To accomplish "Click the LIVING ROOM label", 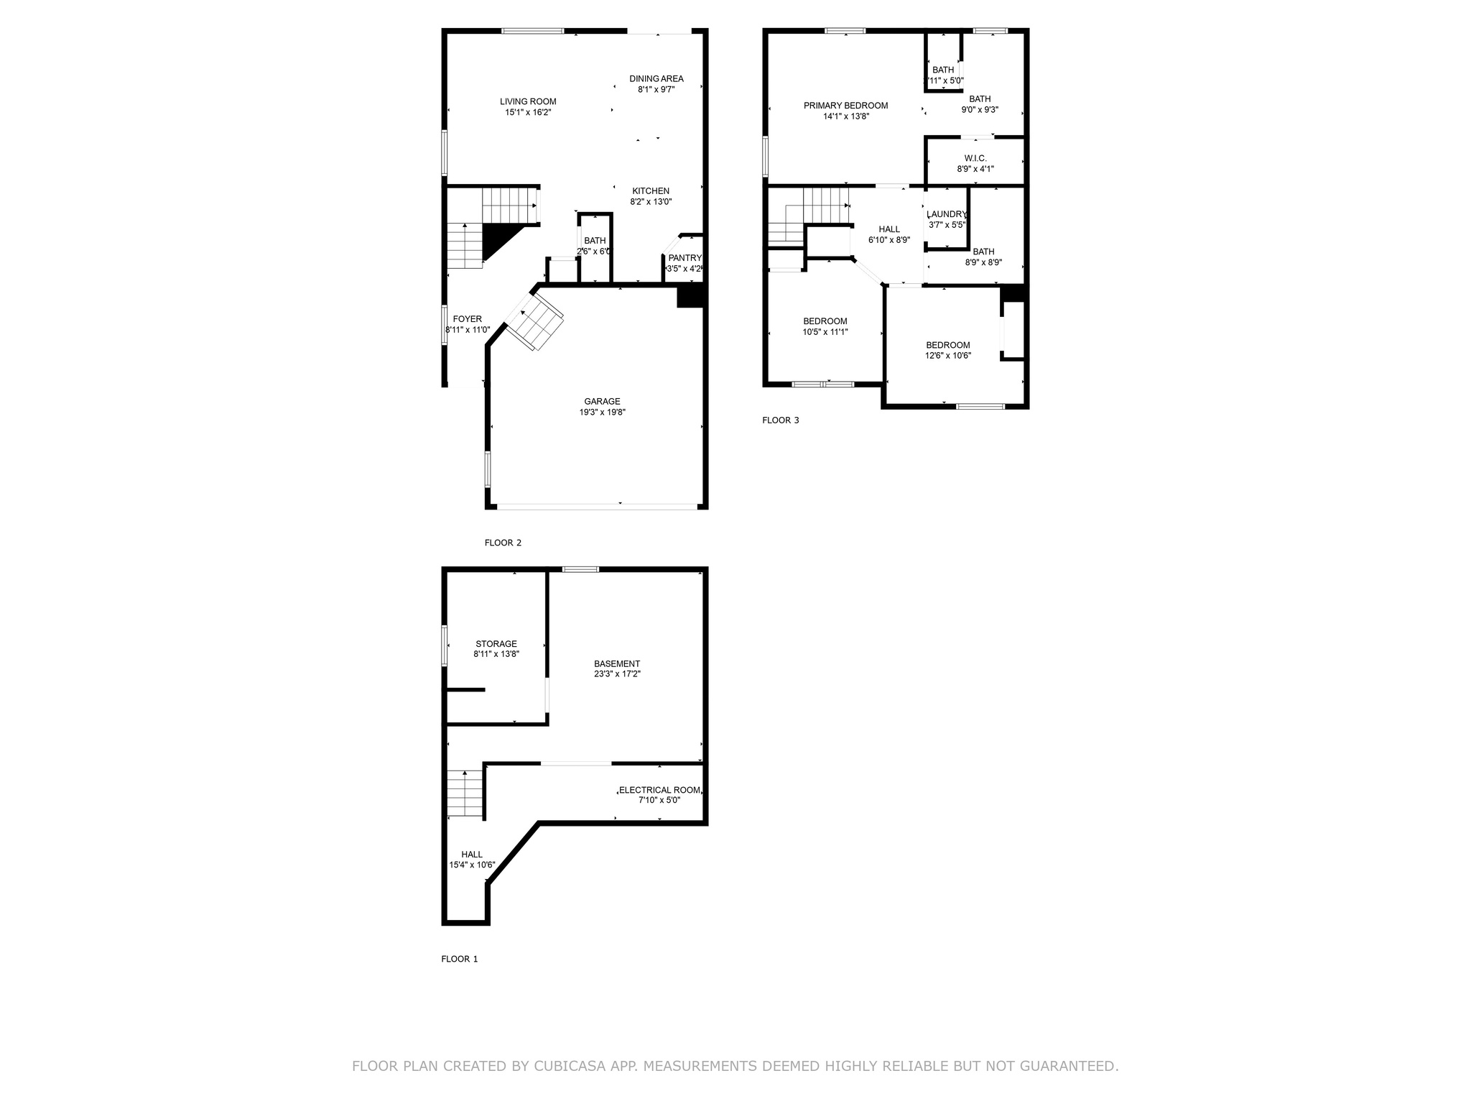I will click(528, 101).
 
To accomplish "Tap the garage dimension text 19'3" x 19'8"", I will click(602, 413).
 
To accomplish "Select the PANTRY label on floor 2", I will click(685, 258).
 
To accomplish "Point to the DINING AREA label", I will click(656, 79).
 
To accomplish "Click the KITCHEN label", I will click(651, 191).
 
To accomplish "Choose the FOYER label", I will click(467, 319).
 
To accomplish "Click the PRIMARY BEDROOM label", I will click(845, 106).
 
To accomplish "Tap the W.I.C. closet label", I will click(975, 158).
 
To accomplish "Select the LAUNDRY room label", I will click(947, 214).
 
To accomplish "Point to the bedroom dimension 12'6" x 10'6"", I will click(947, 356).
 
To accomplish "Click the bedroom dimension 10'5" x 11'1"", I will click(825, 332).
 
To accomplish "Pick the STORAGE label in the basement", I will click(496, 644).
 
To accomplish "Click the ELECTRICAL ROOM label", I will click(659, 790).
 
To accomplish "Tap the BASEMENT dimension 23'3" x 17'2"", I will click(616, 674).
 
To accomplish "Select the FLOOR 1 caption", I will click(459, 959).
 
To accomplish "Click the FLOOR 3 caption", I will click(780, 420).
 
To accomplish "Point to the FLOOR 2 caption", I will click(503, 543).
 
